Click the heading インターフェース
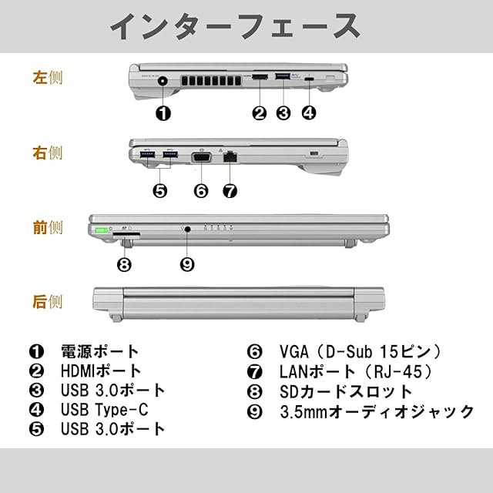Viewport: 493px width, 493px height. coord(234,26)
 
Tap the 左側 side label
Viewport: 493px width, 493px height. coord(47,78)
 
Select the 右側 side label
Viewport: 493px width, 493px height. coord(47,153)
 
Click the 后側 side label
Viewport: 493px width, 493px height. coord(47,301)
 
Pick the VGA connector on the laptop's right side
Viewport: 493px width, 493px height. coord(201,158)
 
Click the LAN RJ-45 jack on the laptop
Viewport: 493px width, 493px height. coord(230,158)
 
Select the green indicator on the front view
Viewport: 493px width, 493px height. coord(101,230)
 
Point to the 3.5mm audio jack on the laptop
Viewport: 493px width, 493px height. coord(187,229)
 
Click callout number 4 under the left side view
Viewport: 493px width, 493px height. coord(308,112)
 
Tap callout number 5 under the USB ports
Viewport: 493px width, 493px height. coord(160,190)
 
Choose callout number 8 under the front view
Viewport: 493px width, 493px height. coord(125,265)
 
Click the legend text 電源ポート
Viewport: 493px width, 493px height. coord(100,353)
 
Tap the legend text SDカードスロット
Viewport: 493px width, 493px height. coord(336,391)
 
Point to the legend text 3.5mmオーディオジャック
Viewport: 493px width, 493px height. coord(377,411)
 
